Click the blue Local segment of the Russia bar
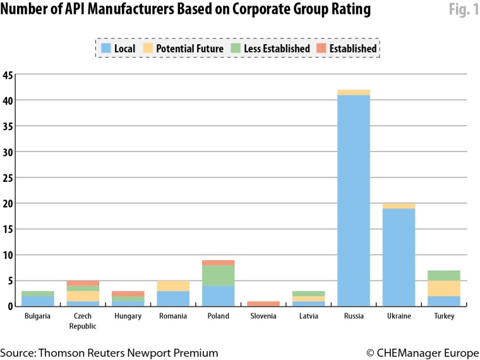click(354, 201)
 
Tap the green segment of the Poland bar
click(219, 275)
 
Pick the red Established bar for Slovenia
click(264, 304)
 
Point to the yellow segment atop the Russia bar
click(354, 92)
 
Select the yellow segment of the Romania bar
click(174, 285)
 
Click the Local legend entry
click(118, 49)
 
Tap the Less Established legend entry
click(270, 49)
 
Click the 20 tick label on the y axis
click(8, 204)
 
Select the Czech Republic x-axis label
click(83, 320)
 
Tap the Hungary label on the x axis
click(128, 316)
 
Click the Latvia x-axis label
click(309, 316)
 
